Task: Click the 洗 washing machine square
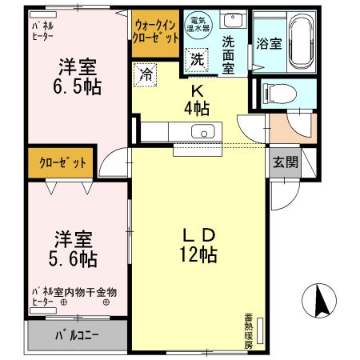click(197, 58)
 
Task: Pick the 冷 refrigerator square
click(146, 74)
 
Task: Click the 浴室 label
click(270, 44)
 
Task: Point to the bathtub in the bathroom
click(301, 42)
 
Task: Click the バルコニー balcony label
click(77, 334)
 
